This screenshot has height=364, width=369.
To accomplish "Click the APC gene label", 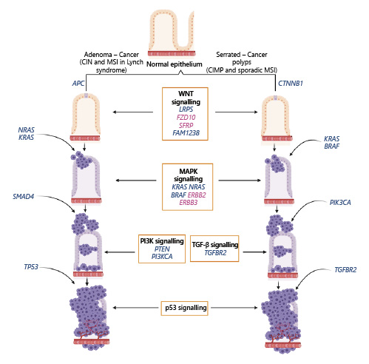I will point(78,84).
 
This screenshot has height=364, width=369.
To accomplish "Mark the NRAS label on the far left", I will point(26,130).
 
